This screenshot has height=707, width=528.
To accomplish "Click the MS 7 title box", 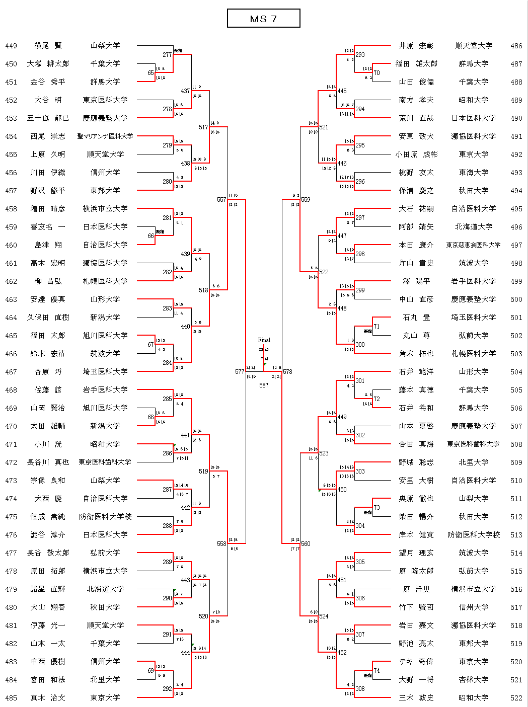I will click(x=263, y=19).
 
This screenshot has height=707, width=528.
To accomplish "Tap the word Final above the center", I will click(x=264, y=340).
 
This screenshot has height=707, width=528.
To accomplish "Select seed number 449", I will click(x=11, y=46).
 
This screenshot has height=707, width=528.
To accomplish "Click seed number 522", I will click(x=516, y=698).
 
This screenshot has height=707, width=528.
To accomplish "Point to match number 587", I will click(x=264, y=385).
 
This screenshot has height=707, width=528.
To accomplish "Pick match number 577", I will click(x=240, y=372).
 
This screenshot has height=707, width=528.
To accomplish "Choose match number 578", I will click(x=287, y=372).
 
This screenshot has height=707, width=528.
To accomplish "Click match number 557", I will click(x=221, y=200).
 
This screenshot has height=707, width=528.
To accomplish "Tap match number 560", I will click(x=306, y=544).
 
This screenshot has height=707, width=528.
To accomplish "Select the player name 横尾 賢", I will click(x=48, y=46).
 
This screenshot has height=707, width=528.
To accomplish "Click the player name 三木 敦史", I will click(x=416, y=698).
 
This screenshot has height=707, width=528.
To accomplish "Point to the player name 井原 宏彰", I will click(x=416, y=46).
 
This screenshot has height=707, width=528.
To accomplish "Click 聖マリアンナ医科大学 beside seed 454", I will click(x=105, y=136).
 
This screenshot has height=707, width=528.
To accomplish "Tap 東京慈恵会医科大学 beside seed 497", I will click(x=473, y=245).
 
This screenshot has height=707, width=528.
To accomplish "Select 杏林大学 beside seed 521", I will click(x=473, y=680).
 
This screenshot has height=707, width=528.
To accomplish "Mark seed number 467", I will click(x=11, y=372).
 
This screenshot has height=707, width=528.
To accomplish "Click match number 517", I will click(x=203, y=127).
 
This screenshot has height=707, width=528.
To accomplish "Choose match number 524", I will click(x=324, y=616).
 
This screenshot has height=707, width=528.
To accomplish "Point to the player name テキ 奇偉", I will click(x=416, y=662).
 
